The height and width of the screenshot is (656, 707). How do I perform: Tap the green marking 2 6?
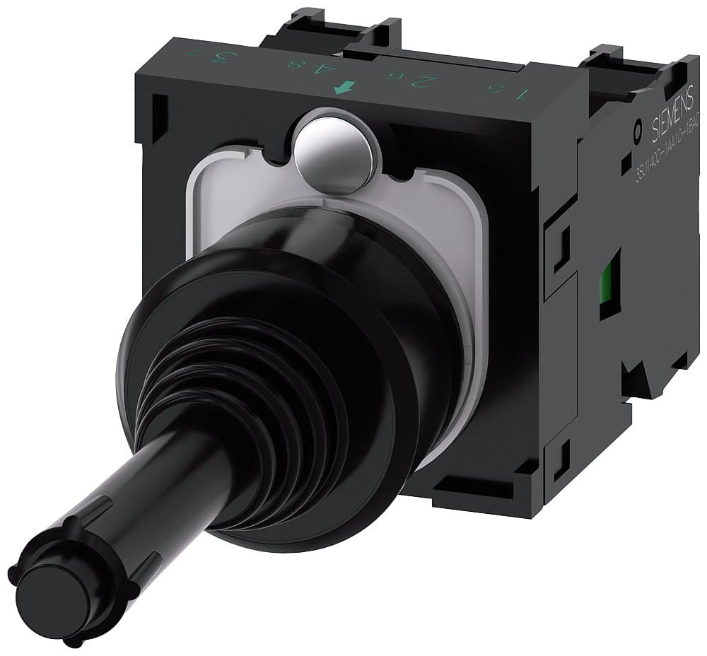pyautogui.click(x=397, y=81)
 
